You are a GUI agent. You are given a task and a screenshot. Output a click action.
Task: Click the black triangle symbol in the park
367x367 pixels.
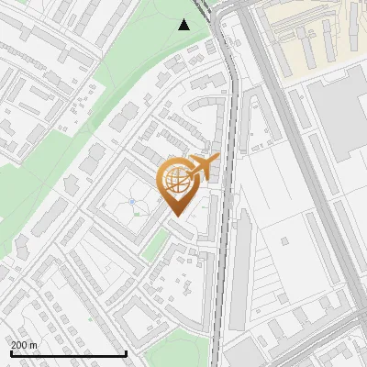point(184,25)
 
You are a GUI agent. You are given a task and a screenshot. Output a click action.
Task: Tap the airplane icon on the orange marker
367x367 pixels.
point(203,167)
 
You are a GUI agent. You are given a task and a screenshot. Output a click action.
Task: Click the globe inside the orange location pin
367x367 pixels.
point(175,180)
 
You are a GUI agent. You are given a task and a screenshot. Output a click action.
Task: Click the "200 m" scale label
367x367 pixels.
point(23,345)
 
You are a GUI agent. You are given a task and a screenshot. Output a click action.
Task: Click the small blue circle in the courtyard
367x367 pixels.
point(132,201)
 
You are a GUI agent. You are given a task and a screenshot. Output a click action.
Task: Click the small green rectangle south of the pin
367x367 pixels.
point(159,246)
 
